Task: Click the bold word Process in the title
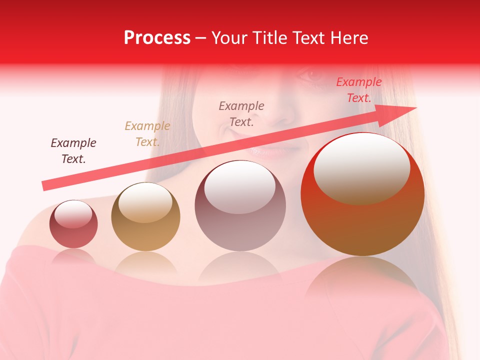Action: coord(157,38)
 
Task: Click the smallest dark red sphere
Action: coord(73,224)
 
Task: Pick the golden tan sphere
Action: coord(145,216)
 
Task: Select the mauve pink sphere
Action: coord(240,205)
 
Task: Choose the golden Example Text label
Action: coord(147,134)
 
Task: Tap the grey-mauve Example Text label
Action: coord(241,113)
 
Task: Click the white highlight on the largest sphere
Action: coord(361,167)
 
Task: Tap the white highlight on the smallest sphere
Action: coord(73,213)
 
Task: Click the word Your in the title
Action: coord(229,38)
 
